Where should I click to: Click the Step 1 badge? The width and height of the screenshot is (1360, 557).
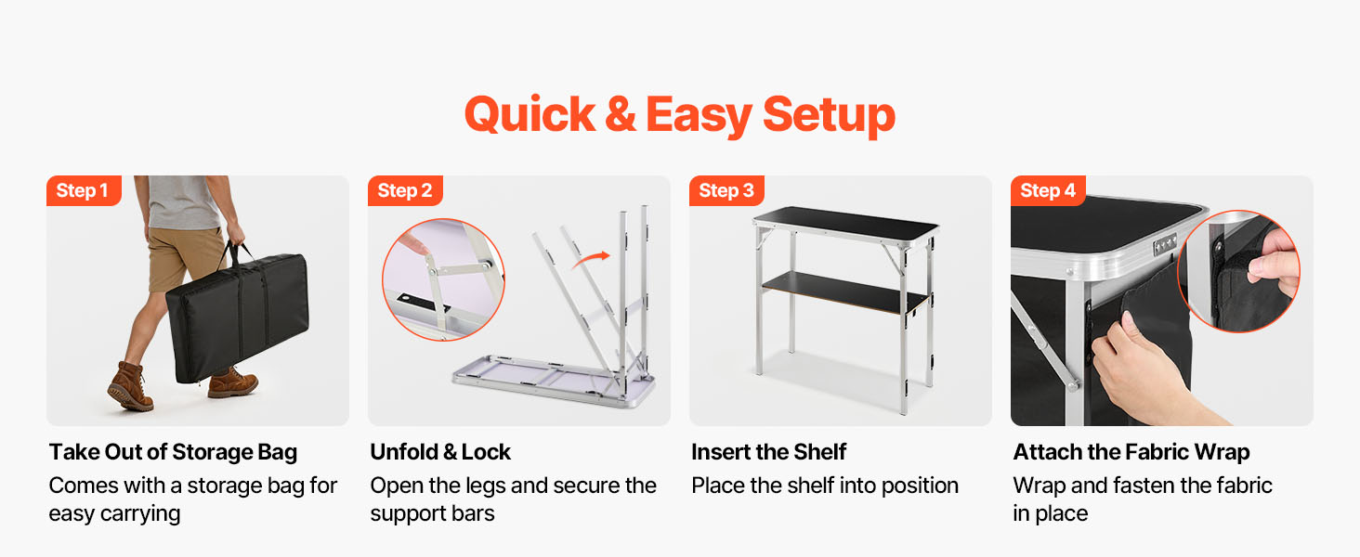84,190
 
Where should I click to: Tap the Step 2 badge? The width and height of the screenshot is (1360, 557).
405,190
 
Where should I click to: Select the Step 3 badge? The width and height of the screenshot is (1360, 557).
726,190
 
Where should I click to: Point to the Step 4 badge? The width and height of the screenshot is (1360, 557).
1048,190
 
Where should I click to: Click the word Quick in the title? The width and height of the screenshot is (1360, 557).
530,115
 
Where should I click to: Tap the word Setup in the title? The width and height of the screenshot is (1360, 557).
829,115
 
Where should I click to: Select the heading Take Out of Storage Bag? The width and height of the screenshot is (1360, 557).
173,453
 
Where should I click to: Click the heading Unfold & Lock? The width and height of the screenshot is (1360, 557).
440,452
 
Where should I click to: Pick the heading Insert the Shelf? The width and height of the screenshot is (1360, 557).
768,452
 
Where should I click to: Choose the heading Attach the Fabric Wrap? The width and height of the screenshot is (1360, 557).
1131,453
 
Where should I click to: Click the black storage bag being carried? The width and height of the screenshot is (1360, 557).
238,317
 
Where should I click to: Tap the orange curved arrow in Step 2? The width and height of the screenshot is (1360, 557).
590,260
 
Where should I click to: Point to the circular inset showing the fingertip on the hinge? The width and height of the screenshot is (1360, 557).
443,279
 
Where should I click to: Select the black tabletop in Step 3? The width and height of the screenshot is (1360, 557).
845,224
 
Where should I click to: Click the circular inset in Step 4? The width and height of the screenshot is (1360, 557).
1238,271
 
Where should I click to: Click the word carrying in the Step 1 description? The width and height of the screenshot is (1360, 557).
140,514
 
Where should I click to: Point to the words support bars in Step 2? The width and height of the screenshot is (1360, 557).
432,514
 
